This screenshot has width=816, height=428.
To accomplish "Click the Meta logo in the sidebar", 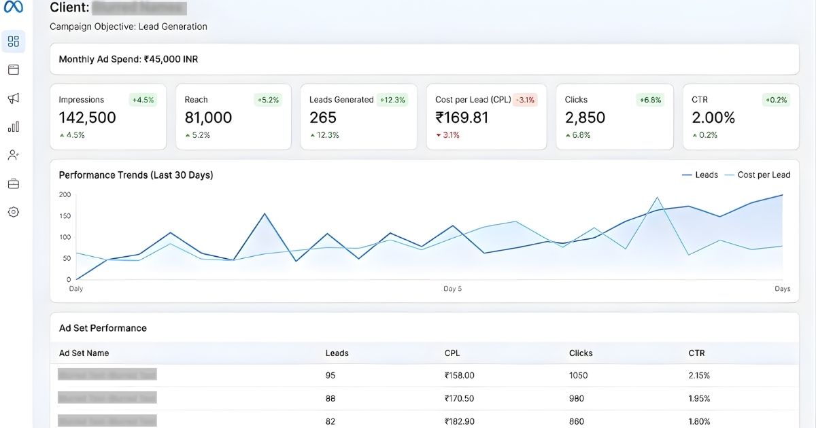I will (14, 7).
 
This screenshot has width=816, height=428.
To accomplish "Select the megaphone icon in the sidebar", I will (14, 99).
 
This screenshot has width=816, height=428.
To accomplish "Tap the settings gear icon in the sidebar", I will (14, 212).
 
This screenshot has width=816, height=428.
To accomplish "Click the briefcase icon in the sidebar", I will (14, 183).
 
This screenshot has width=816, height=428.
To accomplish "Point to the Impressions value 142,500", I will (87, 118).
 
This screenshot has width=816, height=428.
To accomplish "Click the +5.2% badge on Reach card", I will (268, 100).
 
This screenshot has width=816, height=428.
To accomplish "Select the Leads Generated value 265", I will (323, 118).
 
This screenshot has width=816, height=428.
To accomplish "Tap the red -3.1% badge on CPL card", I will (525, 100).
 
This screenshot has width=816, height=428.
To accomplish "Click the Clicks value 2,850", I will (585, 118).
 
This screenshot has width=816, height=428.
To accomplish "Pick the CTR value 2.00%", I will (713, 118).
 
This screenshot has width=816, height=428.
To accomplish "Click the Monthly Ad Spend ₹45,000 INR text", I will (129, 59).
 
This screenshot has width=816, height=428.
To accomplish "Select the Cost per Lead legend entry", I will (757, 175).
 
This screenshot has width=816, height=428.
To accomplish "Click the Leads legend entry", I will (700, 175).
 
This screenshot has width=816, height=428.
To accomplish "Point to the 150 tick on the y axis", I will (65, 216).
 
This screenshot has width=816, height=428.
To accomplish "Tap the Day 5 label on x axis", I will (452, 289).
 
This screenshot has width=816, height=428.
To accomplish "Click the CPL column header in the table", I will (453, 353).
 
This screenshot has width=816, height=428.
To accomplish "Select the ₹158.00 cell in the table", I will (459, 375).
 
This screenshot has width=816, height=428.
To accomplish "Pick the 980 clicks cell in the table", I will (577, 398).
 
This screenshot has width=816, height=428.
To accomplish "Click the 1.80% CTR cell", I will (699, 421).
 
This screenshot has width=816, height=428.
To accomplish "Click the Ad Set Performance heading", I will (103, 328).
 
